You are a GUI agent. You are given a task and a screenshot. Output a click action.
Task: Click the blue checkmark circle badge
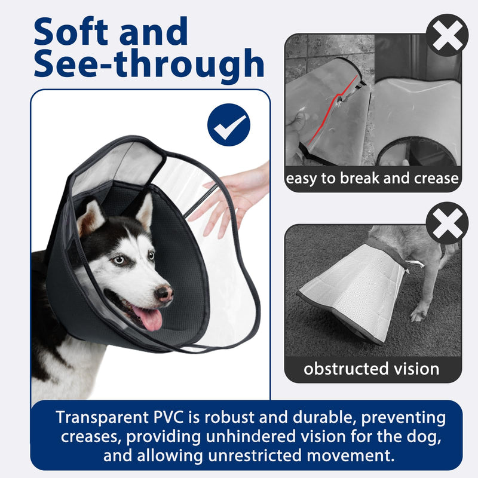click(x=229, y=125)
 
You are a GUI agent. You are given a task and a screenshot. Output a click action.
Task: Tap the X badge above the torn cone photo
click(x=447, y=35)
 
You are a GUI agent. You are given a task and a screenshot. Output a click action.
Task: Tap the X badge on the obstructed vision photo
click(x=447, y=223)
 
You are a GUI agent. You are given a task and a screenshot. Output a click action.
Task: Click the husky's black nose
click(x=164, y=293)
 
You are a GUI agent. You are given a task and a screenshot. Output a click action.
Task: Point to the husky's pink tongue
click(x=148, y=318)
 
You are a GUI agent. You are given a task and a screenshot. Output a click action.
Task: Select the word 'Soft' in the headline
click(x=71, y=32)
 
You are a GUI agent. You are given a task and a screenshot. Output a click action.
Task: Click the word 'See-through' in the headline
click(x=149, y=65)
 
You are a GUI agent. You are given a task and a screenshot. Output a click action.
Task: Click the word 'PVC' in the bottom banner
click(x=168, y=417)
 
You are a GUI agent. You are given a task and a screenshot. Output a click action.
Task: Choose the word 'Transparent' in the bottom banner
click(x=102, y=417)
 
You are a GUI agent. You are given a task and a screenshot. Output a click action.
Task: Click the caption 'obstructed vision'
click(x=371, y=369)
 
